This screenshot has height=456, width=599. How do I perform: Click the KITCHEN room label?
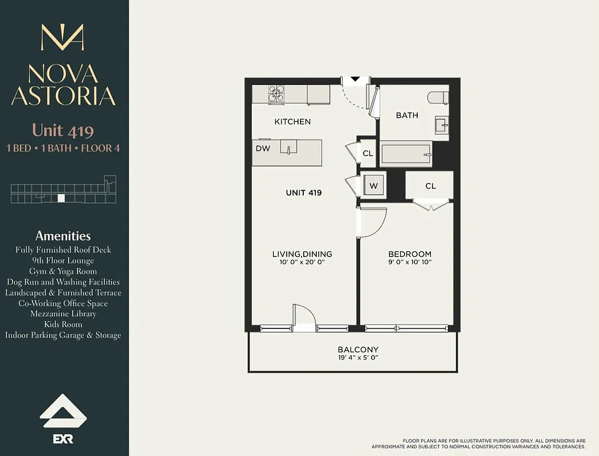pyautogui.click(x=292, y=121)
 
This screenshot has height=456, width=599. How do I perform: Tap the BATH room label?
pyautogui.click(x=407, y=115)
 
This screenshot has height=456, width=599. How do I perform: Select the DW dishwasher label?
pyautogui.click(x=263, y=148)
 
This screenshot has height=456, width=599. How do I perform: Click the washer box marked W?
pyautogui.click(x=374, y=185)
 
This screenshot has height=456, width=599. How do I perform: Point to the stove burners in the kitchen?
pyautogui.click(x=277, y=94)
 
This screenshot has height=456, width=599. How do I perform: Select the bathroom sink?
pyautogui.click(x=441, y=125)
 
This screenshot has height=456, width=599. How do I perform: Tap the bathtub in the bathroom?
pyautogui.click(x=406, y=153)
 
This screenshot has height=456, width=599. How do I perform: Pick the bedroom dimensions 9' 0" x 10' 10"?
pyautogui.click(x=410, y=263)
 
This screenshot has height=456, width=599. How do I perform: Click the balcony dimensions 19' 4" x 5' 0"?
pyautogui.click(x=358, y=358)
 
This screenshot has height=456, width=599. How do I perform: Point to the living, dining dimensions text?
pyautogui.click(x=302, y=263)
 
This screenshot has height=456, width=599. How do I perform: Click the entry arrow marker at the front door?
pyautogui.click(x=355, y=80)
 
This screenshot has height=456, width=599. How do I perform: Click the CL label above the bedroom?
pyautogui.click(x=430, y=186)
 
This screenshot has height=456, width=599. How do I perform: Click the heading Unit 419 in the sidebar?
pyautogui.click(x=63, y=131)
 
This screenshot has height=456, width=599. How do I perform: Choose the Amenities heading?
pyautogui.click(x=63, y=235)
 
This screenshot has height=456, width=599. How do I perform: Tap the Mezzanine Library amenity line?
pyautogui.click(x=63, y=313)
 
